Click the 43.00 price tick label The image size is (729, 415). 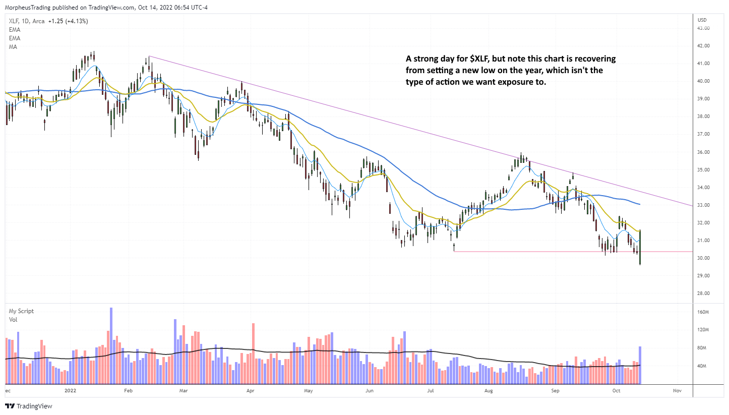(703, 28)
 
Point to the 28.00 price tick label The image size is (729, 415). (703, 293)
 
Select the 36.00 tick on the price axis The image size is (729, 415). (703, 152)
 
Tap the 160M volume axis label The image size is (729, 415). (703, 312)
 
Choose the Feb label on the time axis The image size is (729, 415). (128, 390)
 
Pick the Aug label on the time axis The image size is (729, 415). (488, 390)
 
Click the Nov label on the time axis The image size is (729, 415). (677, 390)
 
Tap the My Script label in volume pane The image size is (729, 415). (22, 311)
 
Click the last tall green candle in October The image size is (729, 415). (640, 247)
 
